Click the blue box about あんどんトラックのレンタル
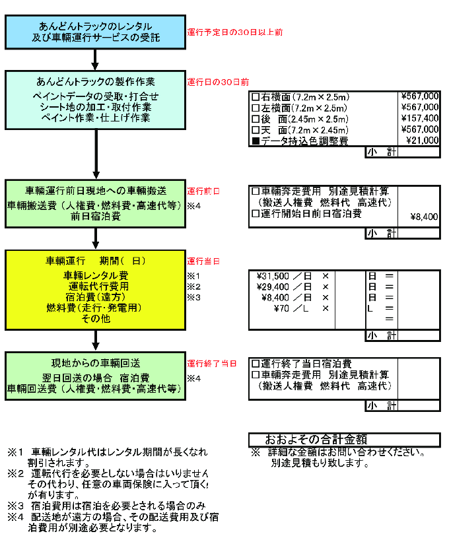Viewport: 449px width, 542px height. click(96, 32)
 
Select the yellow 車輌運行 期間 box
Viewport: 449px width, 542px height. click(96, 290)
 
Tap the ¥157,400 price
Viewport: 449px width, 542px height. click(419, 118)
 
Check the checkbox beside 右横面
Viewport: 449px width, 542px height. click(256, 96)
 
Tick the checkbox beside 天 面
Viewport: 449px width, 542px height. click(256, 130)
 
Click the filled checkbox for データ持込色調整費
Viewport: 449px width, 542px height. click(256, 141)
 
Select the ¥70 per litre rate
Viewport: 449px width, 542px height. click(287, 308)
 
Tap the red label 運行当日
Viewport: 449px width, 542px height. click(203, 261)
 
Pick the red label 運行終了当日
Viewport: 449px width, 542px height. click(211, 363)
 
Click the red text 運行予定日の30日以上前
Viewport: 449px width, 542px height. click(234, 32)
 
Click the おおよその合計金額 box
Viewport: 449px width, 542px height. click(344, 440)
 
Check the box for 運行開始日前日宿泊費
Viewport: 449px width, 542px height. click(256, 214)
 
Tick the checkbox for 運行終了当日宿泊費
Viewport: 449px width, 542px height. click(256, 364)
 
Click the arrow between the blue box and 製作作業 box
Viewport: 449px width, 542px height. click(96, 60)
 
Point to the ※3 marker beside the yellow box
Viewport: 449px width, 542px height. click(193, 297)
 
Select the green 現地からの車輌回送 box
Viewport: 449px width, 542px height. click(96, 376)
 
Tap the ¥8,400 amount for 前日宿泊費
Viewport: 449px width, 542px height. click(424, 216)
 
